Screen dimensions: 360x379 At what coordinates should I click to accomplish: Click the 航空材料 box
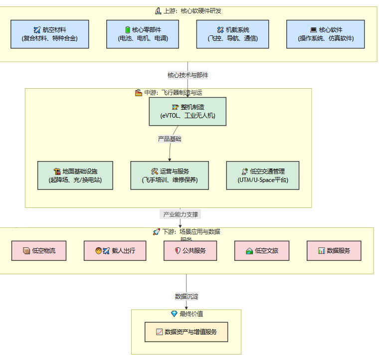tap(49, 34)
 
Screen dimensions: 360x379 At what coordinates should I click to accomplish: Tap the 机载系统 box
tap(232, 34)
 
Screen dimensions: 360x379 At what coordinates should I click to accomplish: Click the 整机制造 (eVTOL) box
tap(188, 111)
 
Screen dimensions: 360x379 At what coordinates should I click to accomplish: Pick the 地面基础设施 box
tap(75, 176)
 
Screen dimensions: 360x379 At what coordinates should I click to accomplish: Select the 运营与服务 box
tap(170, 176)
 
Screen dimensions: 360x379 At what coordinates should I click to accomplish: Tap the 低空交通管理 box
tap(263, 176)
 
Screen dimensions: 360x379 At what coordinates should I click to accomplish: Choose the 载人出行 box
tap(115, 250)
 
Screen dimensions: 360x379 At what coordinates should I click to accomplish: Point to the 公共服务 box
tap(190, 250)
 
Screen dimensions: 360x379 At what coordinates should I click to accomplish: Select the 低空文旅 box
tap(262, 250)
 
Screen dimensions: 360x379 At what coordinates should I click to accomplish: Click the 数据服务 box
tap(334, 250)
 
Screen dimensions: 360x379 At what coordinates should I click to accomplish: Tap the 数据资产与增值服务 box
tap(186, 332)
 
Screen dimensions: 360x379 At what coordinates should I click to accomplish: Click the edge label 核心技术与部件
tap(188, 75)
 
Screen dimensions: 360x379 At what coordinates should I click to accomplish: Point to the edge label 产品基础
tap(170, 139)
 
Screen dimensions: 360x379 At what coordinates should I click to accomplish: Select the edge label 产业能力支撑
tap(181, 214)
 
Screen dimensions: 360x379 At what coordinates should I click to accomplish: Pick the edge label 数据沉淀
tap(187, 296)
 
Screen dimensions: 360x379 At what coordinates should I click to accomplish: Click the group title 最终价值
tap(187, 314)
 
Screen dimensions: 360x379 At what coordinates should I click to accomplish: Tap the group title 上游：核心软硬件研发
tap(188, 10)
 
